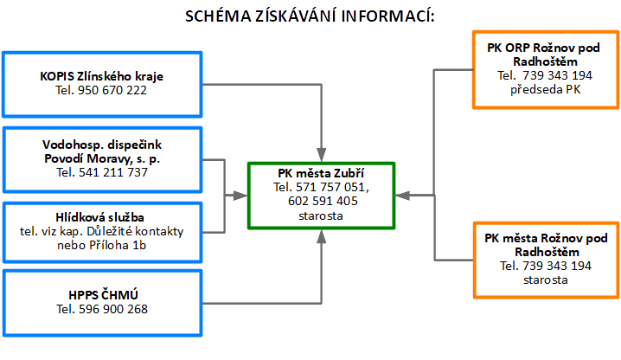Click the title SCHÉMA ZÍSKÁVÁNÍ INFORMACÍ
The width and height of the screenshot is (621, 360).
310,16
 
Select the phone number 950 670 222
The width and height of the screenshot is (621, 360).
112,90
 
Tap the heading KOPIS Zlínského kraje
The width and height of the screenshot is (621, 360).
101,76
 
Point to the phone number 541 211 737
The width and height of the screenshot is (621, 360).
113,172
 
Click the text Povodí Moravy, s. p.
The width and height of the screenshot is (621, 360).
102,158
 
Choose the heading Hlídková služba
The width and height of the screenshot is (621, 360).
99,217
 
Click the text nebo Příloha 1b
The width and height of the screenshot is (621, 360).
101,246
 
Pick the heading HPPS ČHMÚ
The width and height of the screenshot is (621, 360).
103,295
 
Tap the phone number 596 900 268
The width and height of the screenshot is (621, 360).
113,309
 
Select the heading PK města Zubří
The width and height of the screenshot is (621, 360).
321,173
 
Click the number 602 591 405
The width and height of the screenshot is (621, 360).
323,201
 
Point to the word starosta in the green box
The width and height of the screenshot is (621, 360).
321,216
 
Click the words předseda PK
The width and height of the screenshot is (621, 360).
546,90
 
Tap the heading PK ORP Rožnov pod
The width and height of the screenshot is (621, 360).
543,48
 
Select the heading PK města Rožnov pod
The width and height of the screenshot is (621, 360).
546,238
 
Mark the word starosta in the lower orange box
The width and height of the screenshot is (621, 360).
546,280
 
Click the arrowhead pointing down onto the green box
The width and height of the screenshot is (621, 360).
321,155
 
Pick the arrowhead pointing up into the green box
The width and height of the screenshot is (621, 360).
321,237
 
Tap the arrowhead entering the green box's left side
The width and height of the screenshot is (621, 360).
240,195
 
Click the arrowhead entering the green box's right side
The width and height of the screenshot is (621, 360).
403,195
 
